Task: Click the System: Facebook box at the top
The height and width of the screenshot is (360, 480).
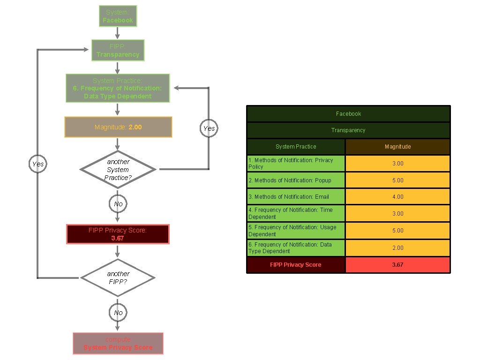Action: point(118,16)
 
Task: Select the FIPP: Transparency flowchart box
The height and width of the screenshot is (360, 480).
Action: point(118,51)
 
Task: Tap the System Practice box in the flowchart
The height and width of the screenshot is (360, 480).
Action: point(118,88)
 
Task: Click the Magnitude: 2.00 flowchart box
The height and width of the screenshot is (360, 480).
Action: point(118,127)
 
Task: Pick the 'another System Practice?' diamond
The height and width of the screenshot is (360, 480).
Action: point(118,169)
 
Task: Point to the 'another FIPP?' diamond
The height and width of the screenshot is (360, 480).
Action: point(118,277)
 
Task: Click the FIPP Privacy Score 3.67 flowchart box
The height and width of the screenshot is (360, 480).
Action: point(118,234)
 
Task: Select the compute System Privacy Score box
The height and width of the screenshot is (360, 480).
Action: point(118,344)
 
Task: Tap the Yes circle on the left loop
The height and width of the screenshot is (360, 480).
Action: point(38,164)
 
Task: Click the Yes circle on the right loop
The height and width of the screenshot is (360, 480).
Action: point(209,128)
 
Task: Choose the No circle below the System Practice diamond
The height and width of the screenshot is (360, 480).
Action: point(118,204)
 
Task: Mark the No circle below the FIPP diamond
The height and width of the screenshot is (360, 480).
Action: point(118,312)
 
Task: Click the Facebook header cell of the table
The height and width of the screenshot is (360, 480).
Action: point(348,114)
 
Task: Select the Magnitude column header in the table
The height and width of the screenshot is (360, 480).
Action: point(397,147)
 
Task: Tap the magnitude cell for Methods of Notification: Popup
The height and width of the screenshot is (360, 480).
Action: point(397,180)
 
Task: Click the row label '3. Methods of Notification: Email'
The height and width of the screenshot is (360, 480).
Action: point(296,197)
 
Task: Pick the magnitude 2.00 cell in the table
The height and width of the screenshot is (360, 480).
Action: point(397,248)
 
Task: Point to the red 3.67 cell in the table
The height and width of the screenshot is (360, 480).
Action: point(397,265)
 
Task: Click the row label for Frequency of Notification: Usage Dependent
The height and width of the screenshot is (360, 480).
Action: point(296,231)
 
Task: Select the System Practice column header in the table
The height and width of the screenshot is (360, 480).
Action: point(296,147)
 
